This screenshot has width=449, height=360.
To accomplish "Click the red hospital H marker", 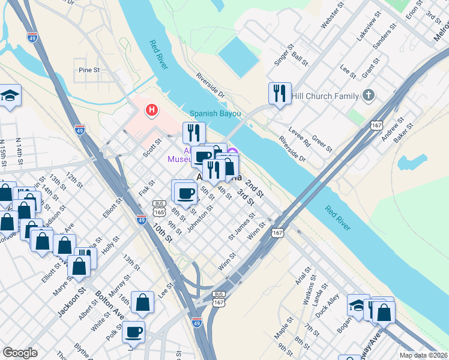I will [x=152, y=110].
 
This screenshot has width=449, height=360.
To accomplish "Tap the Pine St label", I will [x=89, y=70].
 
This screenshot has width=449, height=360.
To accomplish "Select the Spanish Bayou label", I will [x=215, y=113].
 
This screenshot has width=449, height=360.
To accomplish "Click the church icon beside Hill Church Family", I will [x=369, y=95].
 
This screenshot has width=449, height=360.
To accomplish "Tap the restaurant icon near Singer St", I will [x=280, y=93].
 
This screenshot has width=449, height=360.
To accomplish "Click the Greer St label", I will [x=322, y=144].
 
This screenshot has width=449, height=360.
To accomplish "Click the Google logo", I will [x=20, y=353].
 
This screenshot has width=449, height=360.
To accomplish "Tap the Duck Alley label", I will [x=330, y=304].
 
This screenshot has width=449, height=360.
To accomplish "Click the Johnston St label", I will [x=200, y=220].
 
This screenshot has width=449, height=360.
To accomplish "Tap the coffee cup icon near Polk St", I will [x=133, y=331].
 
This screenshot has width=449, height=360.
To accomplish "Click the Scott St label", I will [x=152, y=148].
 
